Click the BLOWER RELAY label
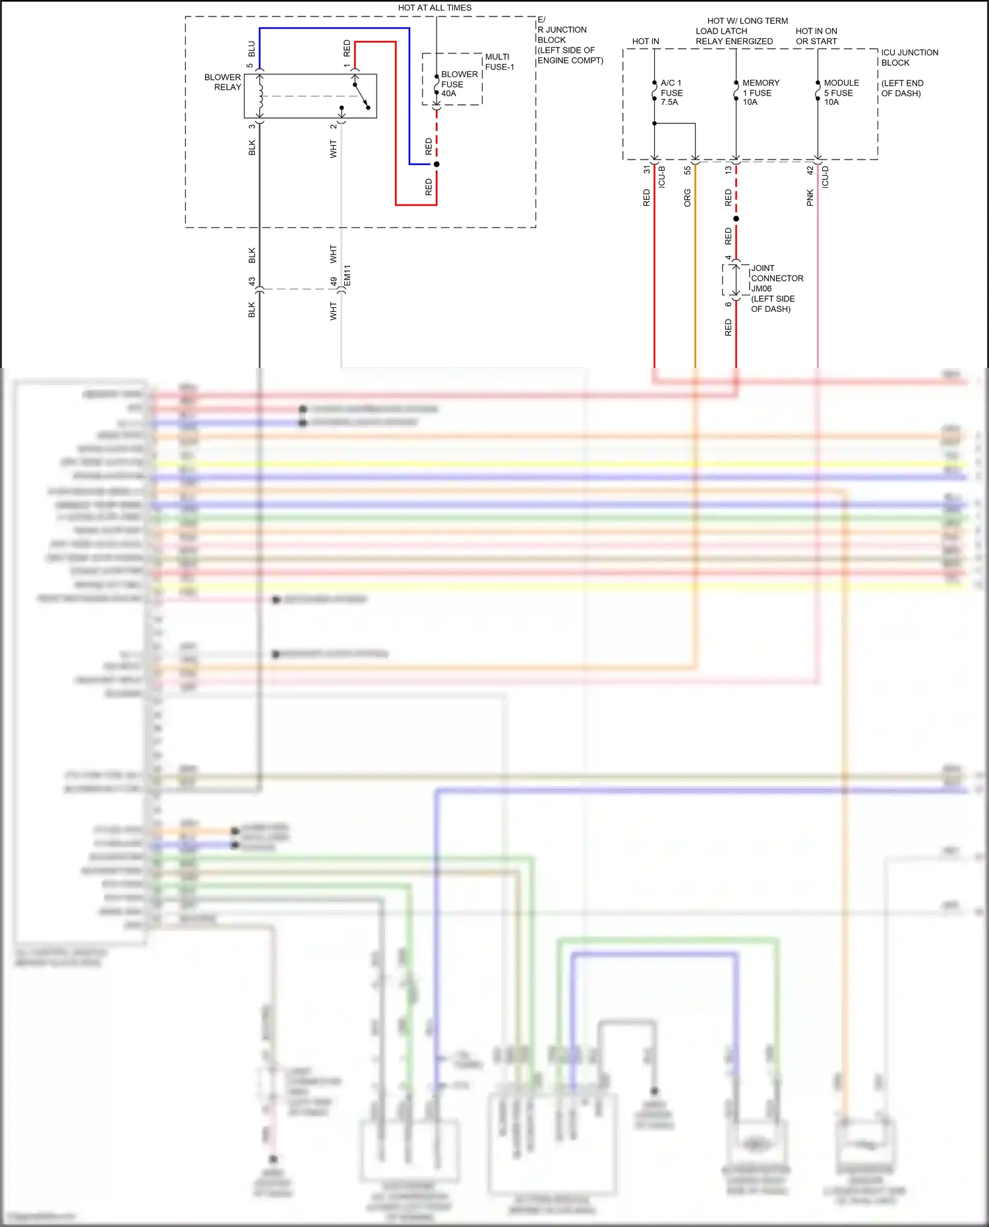tap(223, 82)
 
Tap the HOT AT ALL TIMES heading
tap(435, 8)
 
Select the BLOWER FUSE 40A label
tap(458, 84)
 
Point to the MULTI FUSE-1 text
tap(499, 62)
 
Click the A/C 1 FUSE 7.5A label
tap(671, 92)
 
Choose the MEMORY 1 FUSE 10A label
tap(760, 92)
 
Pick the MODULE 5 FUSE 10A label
tap(841, 92)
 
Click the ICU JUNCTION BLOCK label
tap(909, 57)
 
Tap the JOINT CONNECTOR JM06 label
tap(776, 278)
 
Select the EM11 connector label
tap(347, 276)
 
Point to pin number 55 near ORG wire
tap(687, 170)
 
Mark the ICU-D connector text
tap(825, 177)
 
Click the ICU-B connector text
tap(662, 177)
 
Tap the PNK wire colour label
tap(810, 198)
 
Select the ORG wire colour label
tap(687, 198)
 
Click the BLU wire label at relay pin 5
tap(251, 49)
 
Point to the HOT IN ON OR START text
tap(816, 36)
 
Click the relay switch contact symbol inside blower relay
tap(361, 96)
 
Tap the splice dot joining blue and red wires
tap(436, 164)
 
